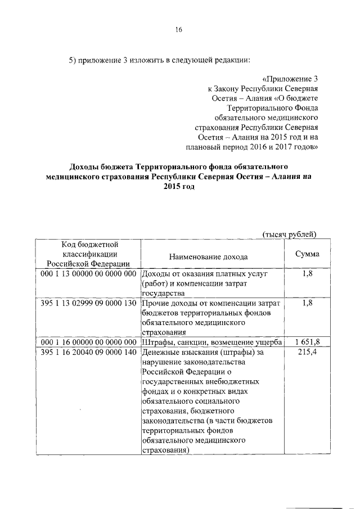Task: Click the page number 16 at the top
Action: [178, 30]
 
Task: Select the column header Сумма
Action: [307, 254]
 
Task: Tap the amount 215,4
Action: [308, 353]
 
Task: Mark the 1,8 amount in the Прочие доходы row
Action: [308, 303]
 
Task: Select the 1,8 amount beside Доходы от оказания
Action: [308, 273]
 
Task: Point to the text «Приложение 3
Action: [291, 78]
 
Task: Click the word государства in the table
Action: [168, 293]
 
